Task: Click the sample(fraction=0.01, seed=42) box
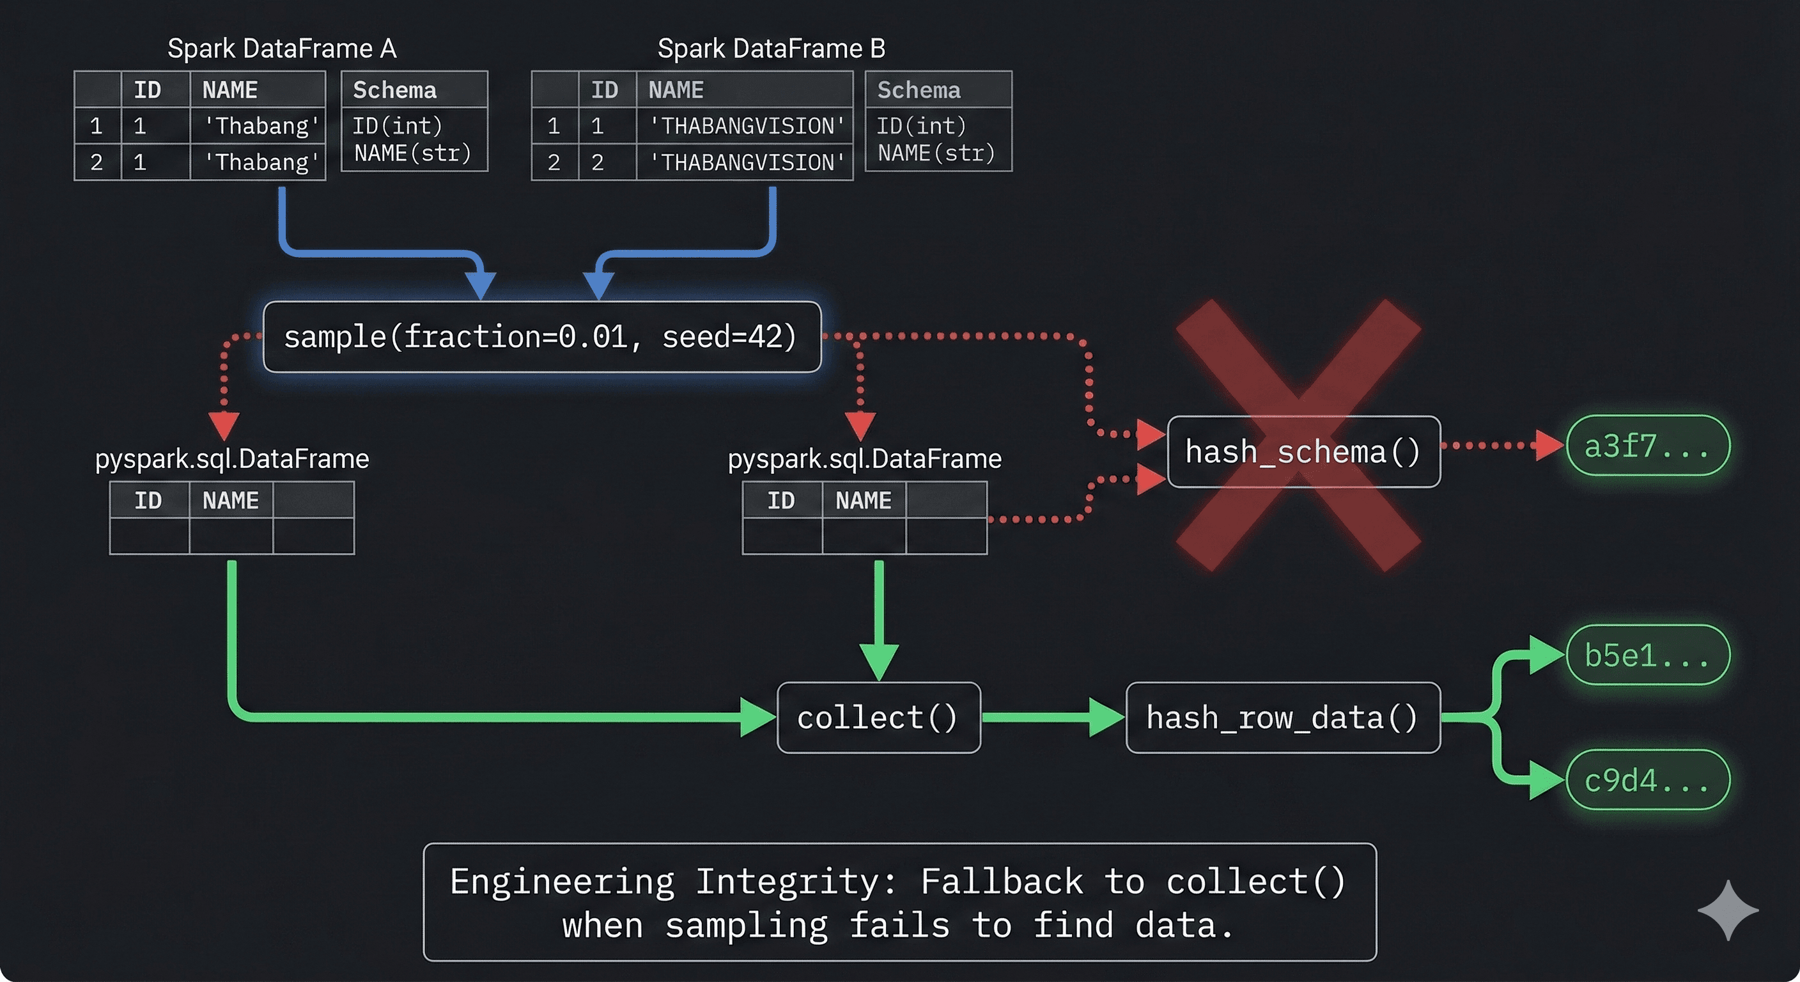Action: pyautogui.click(x=541, y=337)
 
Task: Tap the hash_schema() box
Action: pyautogui.click(x=1303, y=451)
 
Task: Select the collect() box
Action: pyautogui.click(x=878, y=718)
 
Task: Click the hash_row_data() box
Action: pyautogui.click(x=1282, y=718)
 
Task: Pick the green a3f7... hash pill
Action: pyautogui.click(x=1648, y=446)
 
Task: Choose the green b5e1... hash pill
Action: pyautogui.click(x=1648, y=655)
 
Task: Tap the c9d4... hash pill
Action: pyautogui.click(x=1648, y=780)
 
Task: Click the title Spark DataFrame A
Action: pyautogui.click(x=282, y=48)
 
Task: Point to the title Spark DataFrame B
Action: pyautogui.click(x=771, y=48)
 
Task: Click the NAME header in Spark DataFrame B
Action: pyautogui.click(x=675, y=90)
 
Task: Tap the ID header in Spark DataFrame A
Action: pyautogui.click(x=148, y=90)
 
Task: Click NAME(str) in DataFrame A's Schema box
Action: pyautogui.click(x=412, y=153)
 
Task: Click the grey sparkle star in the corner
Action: pyautogui.click(x=1727, y=910)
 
